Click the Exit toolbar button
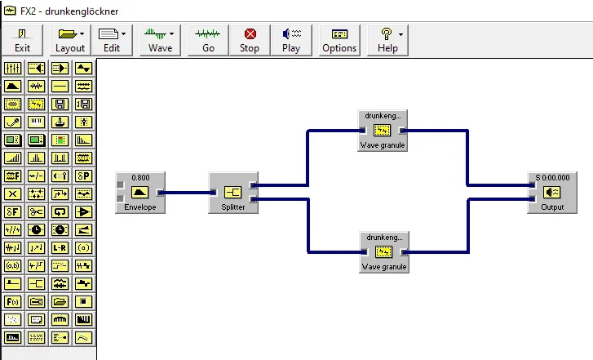(x=22, y=40)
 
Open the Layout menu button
(x=70, y=40)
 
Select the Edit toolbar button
(x=112, y=40)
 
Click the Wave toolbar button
(x=161, y=40)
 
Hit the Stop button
(x=250, y=40)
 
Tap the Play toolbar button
(x=291, y=40)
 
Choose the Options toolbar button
(x=339, y=40)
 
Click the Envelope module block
(x=139, y=193)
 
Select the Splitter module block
(x=232, y=193)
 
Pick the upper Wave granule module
(x=383, y=131)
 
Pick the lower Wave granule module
(x=383, y=252)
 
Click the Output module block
(x=551, y=193)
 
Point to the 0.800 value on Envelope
(x=139, y=177)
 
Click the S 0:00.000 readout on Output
(x=552, y=177)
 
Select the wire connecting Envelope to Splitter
(x=187, y=193)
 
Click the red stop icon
(x=250, y=33)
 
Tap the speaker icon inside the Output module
(x=552, y=193)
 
